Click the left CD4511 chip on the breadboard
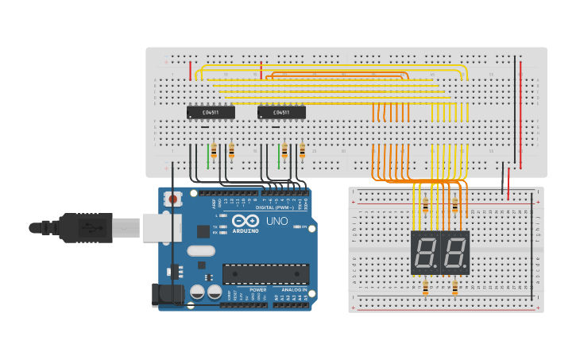(211, 113)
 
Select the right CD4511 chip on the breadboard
(281, 113)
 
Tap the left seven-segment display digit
(425, 254)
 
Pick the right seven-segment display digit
(454, 254)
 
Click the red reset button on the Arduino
(173, 199)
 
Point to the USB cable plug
(79, 228)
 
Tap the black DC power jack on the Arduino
(168, 295)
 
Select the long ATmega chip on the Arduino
(265, 274)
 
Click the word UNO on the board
(276, 221)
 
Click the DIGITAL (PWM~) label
(272, 207)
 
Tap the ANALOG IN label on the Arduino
(292, 290)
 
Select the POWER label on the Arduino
(258, 290)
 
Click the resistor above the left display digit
(425, 206)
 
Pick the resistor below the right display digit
(454, 287)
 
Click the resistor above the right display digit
(454, 206)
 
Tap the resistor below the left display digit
(425, 287)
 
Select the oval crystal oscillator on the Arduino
(201, 250)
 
